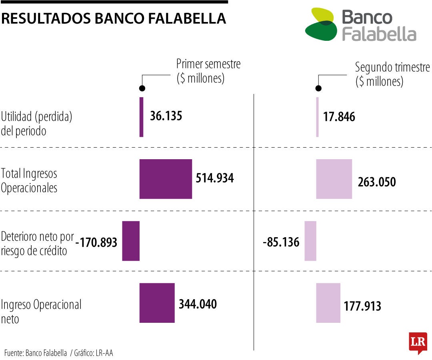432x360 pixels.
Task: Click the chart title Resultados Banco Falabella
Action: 114,18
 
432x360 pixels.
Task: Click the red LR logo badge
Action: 418,343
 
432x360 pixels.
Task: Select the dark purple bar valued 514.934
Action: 166,179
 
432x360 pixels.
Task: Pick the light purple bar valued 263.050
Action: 334,179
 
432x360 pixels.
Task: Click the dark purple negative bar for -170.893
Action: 131,241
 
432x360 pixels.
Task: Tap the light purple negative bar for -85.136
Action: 310,241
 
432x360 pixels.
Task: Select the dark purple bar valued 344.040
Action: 157,303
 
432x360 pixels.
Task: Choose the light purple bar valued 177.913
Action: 328,303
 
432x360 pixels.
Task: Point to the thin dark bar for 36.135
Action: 141,117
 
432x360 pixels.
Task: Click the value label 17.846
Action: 339,117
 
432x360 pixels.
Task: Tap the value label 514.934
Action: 215,178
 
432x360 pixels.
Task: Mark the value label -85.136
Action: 281,242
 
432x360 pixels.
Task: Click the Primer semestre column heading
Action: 208,71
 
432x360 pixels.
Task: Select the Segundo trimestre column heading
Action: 392,74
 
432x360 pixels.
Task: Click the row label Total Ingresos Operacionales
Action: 29,180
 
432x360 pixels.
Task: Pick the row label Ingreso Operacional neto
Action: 41,311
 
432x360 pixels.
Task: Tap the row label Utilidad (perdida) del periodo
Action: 36,124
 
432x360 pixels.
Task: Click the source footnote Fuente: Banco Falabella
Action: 36,353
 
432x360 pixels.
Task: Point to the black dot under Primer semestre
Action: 142,88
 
